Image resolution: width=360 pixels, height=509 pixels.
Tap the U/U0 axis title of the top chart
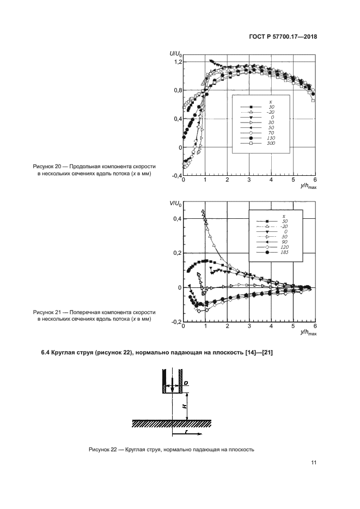(175, 54)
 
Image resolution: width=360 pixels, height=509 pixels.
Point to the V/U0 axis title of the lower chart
(175, 203)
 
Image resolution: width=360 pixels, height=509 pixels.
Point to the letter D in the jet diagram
(186, 384)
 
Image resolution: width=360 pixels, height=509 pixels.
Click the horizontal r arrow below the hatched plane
(187, 434)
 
